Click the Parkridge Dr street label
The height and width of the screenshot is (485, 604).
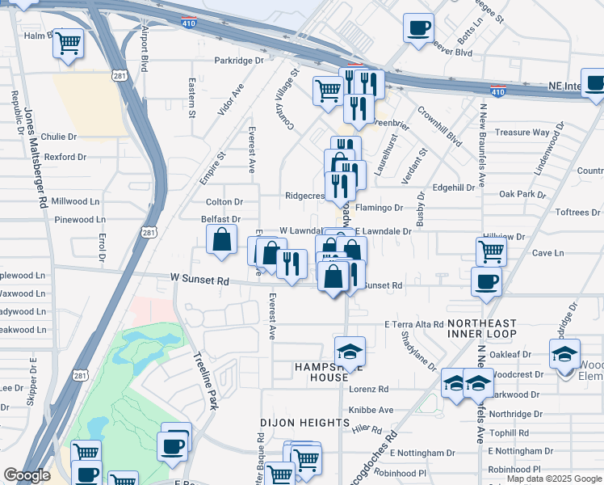pyautogui.click(x=239, y=61)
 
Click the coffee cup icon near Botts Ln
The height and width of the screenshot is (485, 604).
pyautogui.click(x=418, y=28)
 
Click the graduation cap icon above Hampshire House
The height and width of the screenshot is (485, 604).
pyautogui.click(x=350, y=352)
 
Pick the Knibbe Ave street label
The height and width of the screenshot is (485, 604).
pyautogui.click(x=371, y=410)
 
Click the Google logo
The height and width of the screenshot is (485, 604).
pyautogui.click(x=27, y=475)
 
